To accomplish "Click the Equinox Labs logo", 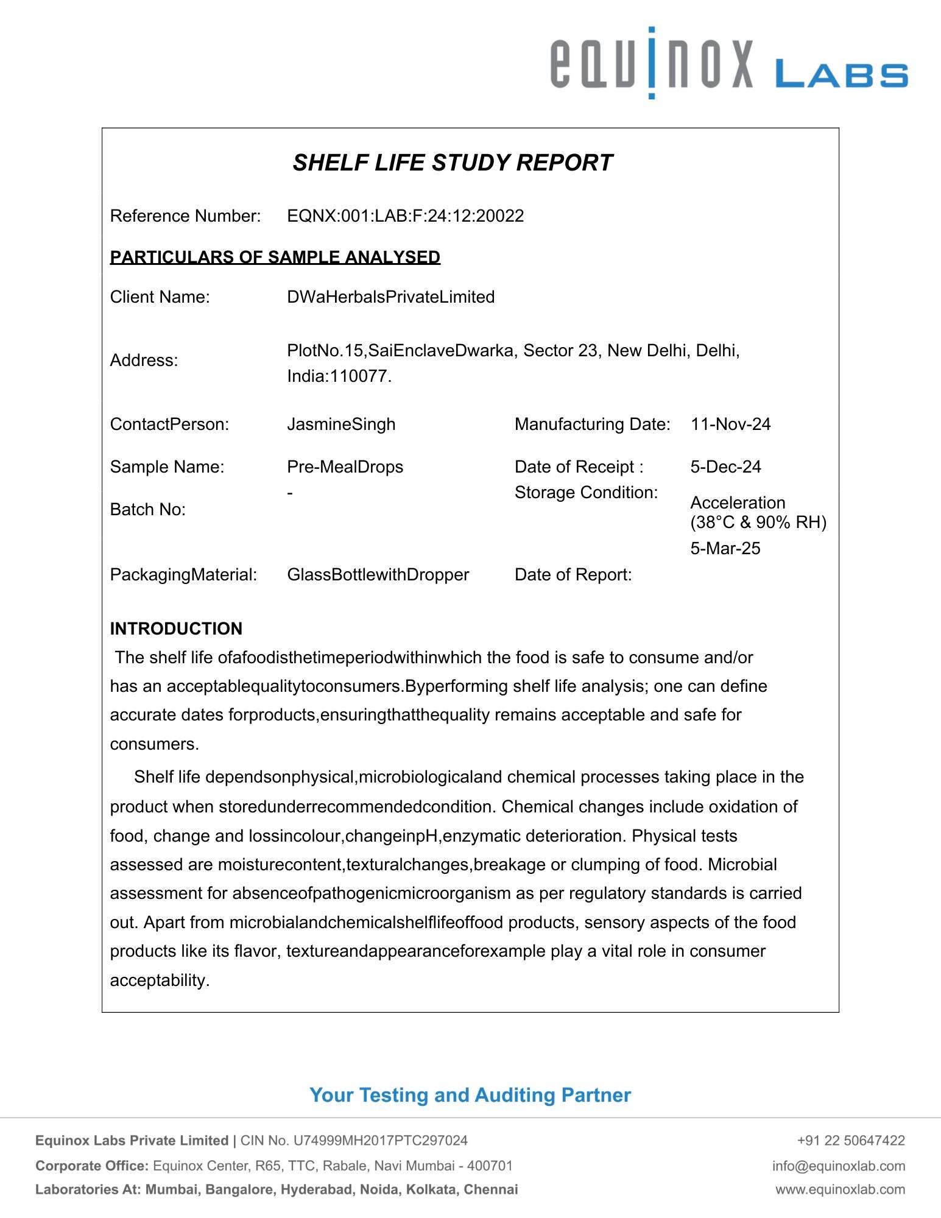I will (728, 63).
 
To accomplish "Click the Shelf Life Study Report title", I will (452, 163).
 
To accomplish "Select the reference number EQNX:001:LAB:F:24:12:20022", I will (405, 216).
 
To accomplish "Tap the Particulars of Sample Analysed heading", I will (275, 257).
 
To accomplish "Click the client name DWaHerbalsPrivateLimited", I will (390, 297).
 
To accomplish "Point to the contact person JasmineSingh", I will (341, 424).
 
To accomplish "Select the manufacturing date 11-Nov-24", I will (730, 424).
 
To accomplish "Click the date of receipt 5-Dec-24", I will (725, 467).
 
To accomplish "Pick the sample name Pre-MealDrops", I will (345, 467).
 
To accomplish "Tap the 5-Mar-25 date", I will (725, 549).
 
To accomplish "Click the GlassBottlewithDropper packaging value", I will (378, 575).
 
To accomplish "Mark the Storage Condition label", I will (586, 493).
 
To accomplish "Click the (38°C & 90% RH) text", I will (758, 523).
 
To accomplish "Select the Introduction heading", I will (176, 628).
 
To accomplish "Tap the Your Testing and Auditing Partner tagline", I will (470, 1095).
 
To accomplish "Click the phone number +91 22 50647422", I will (851, 1141).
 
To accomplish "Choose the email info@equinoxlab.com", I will (839, 1166).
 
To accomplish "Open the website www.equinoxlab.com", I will (840, 1189).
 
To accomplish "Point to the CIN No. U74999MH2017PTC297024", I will (354, 1141).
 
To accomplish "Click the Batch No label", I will (147, 510).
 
